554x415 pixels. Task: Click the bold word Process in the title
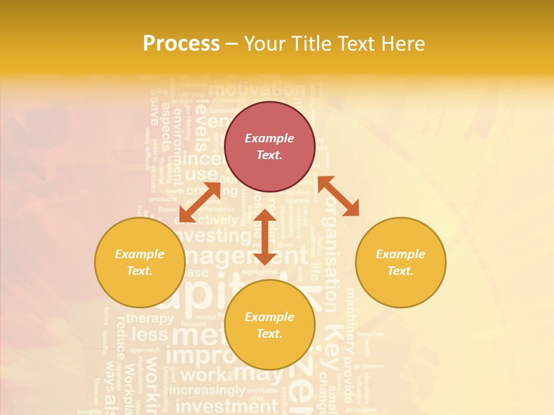(181, 44)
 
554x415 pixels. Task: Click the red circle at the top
(269, 146)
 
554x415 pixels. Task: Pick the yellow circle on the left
(140, 262)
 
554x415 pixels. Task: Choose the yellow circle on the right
(400, 262)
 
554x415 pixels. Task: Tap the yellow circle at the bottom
(269, 325)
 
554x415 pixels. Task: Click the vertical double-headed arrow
(265, 237)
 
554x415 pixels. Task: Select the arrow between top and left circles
(200, 202)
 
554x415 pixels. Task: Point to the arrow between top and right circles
(338, 195)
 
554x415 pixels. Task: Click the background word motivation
(257, 90)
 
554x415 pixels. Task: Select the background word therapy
(149, 318)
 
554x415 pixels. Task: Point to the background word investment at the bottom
(218, 406)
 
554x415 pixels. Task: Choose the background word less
(149, 335)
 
